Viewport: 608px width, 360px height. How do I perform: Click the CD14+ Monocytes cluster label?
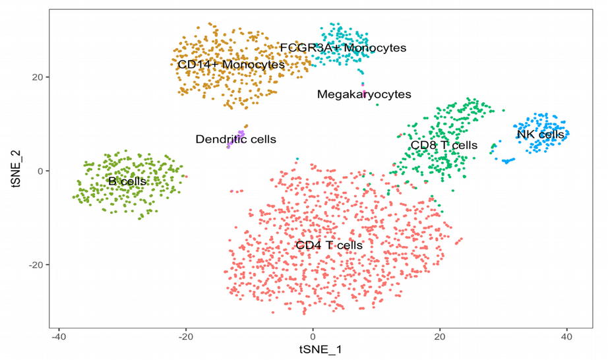coord(231,65)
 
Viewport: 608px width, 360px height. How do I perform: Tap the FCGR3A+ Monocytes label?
coord(343,48)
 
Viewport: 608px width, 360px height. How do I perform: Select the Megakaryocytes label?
coord(364,94)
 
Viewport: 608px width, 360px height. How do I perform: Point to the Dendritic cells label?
coord(235,139)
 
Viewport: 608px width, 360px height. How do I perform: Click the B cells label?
coord(128,181)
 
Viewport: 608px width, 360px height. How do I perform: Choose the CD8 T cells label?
coord(444,145)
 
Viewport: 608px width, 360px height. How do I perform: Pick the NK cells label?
coord(540,135)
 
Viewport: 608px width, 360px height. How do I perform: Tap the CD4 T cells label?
coord(329,245)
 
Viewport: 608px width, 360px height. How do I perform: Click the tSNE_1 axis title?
coord(320,349)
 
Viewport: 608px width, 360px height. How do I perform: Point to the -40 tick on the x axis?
coord(59,335)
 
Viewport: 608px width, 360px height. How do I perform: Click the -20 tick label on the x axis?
coord(185,335)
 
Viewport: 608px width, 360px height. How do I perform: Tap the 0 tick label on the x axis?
coord(313,335)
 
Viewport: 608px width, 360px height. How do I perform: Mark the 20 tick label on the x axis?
coord(440,335)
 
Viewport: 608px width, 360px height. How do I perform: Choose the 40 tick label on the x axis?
coord(566,335)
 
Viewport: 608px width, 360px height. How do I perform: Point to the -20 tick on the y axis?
coord(37,265)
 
